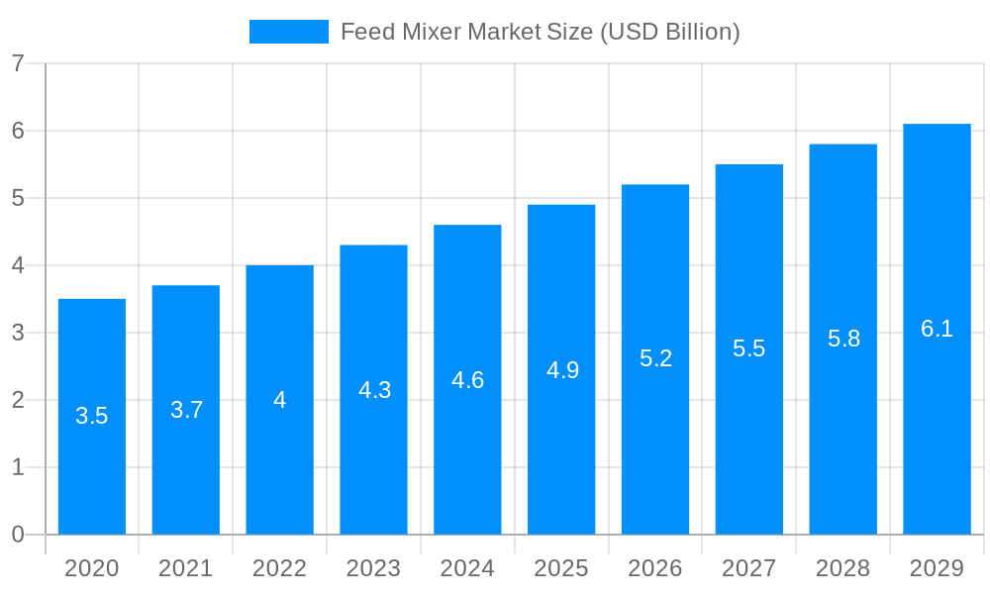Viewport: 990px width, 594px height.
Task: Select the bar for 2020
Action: pyautogui.click(x=92, y=416)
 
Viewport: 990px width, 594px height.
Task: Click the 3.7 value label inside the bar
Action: pyautogui.click(x=186, y=410)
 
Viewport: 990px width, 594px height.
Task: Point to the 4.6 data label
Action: pyautogui.click(x=467, y=380)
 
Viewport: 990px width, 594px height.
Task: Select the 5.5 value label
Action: pyautogui.click(x=748, y=348)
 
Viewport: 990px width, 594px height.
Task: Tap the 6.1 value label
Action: pyautogui.click(x=937, y=330)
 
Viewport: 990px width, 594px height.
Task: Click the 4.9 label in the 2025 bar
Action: pyautogui.click(x=562, y=370)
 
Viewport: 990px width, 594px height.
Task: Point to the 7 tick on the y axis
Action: pyautogui.click(x=18, y=63)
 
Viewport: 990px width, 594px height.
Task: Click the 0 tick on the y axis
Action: pyautogui.click(x=18, y=535)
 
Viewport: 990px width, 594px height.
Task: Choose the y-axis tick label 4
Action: pyautogui.click(x=18, y=265)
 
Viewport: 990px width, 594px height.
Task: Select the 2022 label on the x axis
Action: pyautogui.click(x=279, y=568)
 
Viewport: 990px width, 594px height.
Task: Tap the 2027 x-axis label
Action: pyautogui.click(x=748, y=568)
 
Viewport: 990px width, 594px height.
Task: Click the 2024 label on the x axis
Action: pyautogui.click(x=467, y=568)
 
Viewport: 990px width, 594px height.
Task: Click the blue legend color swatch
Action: pyautogui.click(x=288, y=32)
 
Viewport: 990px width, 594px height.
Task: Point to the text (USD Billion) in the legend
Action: pyautogui.click(x=670, y=32)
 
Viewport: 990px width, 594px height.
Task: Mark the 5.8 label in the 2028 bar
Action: pyautogui.click(x=843, y=339)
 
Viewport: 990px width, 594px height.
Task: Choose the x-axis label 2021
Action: pyautogui.click(x=186, y=568)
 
